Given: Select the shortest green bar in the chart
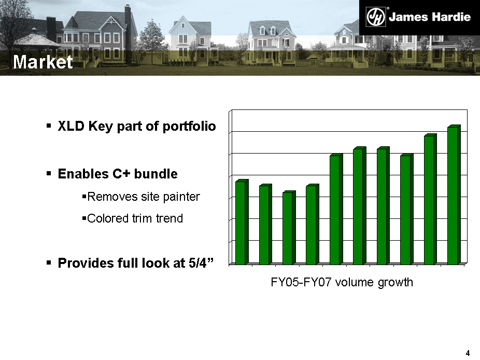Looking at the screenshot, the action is pos(289,228).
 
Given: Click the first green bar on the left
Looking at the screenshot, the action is pos(242,222).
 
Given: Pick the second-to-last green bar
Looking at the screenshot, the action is pos(430,199).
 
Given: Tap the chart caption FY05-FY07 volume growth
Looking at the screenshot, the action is pos(342,282).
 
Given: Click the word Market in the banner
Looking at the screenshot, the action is pos(43,62).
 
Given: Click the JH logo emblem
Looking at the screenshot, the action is pos(376,17).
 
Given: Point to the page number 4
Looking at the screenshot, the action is pos(468,353).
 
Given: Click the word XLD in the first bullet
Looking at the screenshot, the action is pos(71,126).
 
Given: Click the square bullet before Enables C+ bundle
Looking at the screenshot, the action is pos(49,174).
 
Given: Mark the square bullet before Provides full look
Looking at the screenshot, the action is pos(49,262).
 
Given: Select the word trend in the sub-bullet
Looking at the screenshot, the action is pos(170,218).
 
